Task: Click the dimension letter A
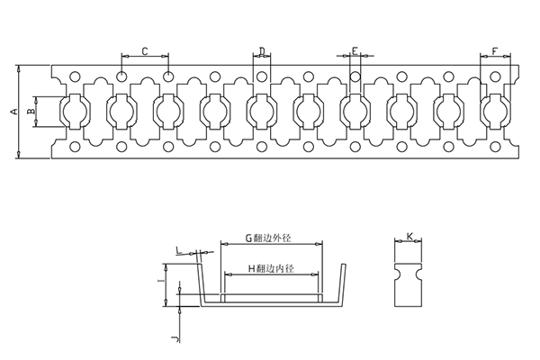tap(14, 112)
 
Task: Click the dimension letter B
tap(31, 112)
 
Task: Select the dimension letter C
tap(145, 51)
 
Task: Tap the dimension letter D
tap(262, 51)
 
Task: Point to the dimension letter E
tap(355, 51)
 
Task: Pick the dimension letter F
tap(495, 51)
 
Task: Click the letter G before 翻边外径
tap(248, 238)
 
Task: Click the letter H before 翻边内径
tap(251, 268)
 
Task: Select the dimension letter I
tap(158, 281)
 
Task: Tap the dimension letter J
tap(176, 338)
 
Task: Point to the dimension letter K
tap(409, 237)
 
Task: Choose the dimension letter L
tap(179, 250)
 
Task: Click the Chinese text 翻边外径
tap(272, 238)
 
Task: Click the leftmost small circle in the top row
tap(75, 76)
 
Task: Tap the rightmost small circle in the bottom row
tap(495, 147)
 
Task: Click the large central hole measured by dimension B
tap(75, 112)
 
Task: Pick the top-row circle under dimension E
tap(355, 76)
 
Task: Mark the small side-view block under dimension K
tap(409, 285)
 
